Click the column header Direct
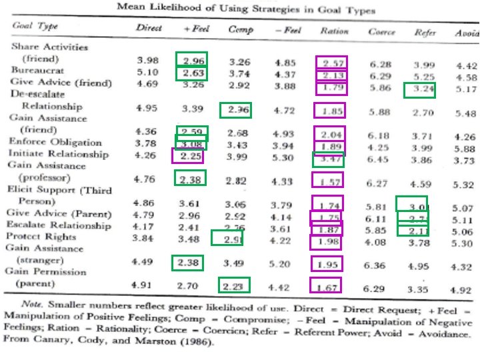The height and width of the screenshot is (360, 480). click(x=149, y=30)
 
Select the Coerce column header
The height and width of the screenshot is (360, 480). click(x=381, y=31)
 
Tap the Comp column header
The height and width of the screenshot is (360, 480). click(x=241, y=30)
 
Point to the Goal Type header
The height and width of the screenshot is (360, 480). click(x=35, y=27)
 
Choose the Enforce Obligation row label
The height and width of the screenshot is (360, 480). click(x=55, y=142)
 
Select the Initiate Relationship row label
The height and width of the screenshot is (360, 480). click(x=58, y=154)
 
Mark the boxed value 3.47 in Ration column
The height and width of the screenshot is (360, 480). click(x=329, y=160)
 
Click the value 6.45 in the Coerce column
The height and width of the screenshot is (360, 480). click(x=380, y=160)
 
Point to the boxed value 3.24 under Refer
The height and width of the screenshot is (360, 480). click(x=420, y=89)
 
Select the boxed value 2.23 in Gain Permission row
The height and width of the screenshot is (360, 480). click(x=235, y=285)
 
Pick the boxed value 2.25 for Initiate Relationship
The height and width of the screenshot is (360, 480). click(x=187, y=155)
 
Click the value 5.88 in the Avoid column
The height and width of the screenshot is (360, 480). click(x=464, y=149)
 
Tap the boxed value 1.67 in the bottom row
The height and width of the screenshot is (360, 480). click(x=326, y=286)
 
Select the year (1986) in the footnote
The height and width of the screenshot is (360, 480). click(x=195, y=343)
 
